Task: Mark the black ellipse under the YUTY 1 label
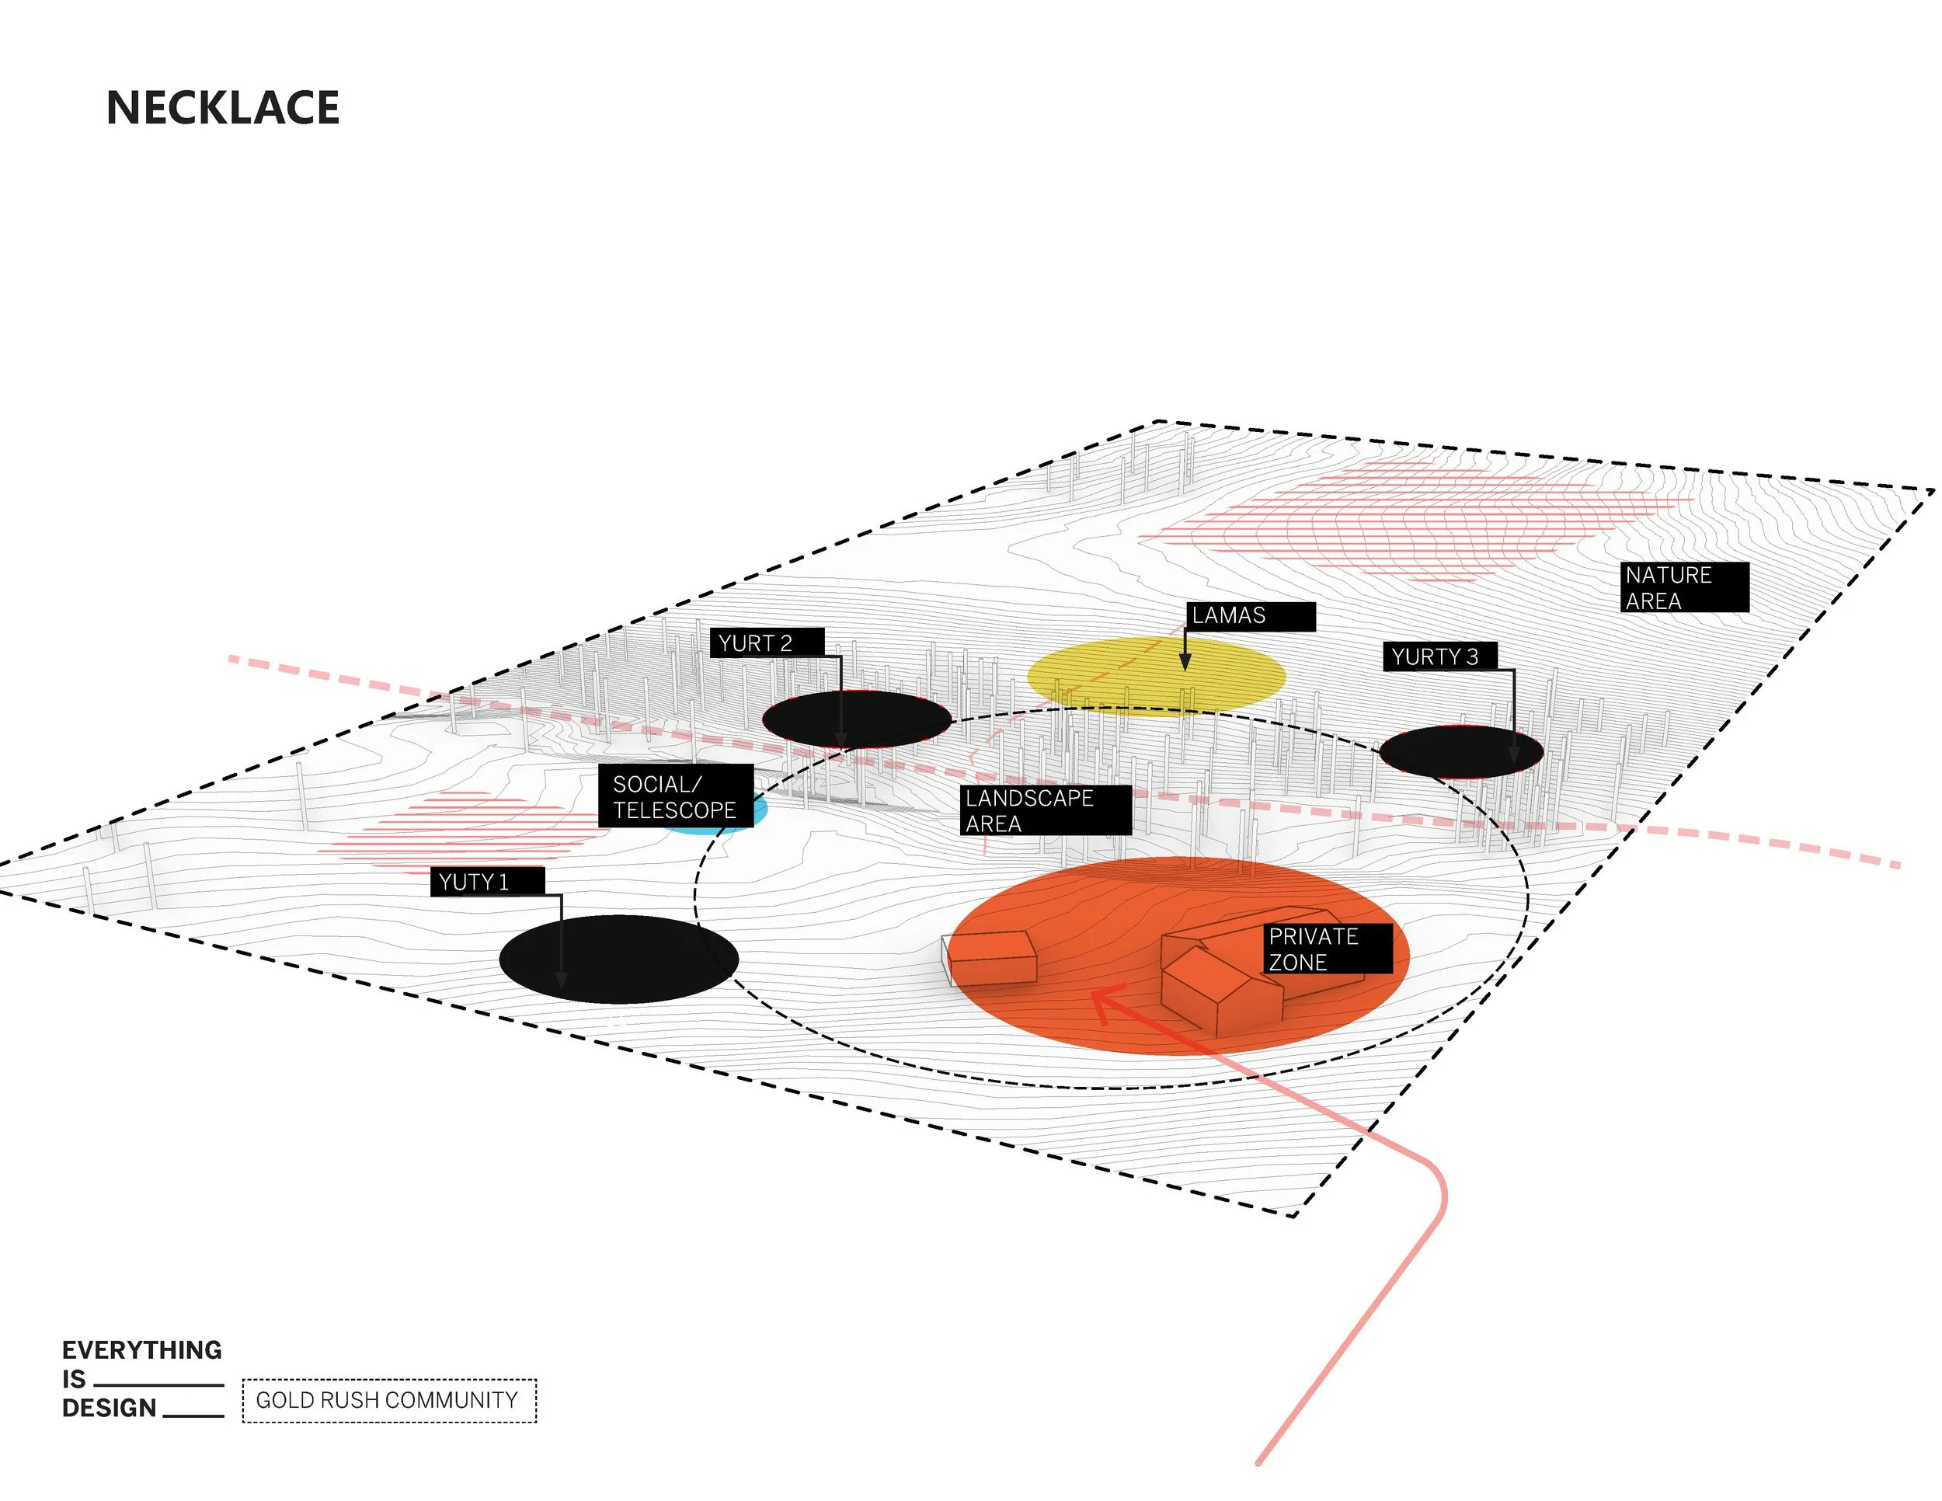coord(619,959)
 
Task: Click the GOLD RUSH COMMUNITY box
coord(388,1401)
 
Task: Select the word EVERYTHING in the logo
coord(142,1350)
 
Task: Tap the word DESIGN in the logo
coord(110,1409)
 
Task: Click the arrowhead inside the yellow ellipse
coord(1185,663)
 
